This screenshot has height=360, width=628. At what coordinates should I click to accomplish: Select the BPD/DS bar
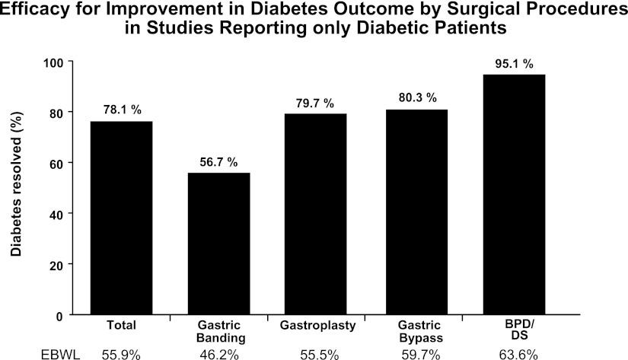[513, 194]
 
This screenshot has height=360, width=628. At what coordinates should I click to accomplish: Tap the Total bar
[122, 217]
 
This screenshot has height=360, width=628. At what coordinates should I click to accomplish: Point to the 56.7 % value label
[219, 162]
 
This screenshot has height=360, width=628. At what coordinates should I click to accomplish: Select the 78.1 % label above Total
[122, 110]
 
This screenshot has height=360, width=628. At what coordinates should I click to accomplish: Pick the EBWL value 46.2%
[219, 352]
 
